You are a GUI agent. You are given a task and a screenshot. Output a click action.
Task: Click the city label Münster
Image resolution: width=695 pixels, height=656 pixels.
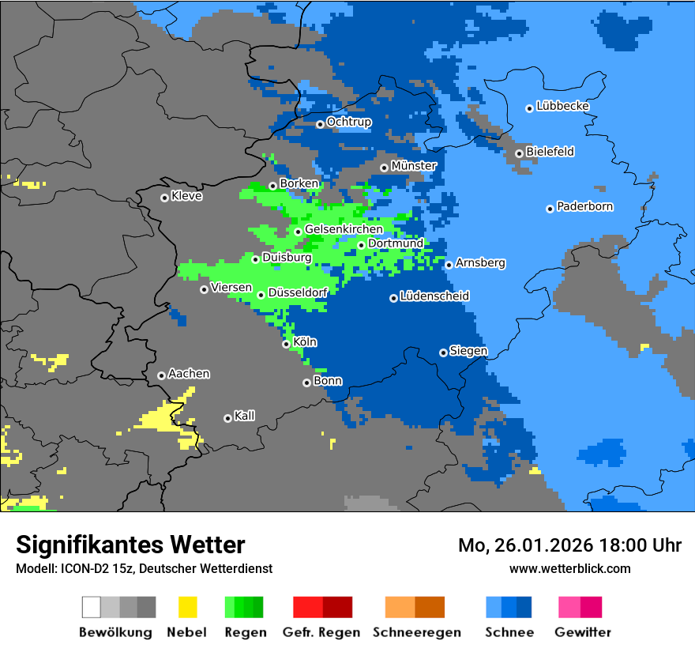point(413,166)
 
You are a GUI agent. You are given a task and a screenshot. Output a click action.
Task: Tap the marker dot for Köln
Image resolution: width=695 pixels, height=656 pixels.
point(287,344)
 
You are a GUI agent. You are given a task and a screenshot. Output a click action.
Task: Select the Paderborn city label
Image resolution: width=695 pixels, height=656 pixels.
point(584,207)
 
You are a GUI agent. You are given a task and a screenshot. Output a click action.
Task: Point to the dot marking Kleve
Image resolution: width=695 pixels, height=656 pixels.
point(164,198)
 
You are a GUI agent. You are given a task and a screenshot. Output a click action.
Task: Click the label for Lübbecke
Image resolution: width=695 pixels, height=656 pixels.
point(562,106)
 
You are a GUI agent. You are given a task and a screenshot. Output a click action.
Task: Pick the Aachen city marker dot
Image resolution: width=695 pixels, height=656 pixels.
point(161,375)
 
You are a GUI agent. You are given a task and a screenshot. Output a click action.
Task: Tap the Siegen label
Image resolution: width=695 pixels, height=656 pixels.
point(468,351)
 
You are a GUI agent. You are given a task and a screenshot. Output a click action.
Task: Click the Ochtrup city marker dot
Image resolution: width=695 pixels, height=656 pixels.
point(320,124)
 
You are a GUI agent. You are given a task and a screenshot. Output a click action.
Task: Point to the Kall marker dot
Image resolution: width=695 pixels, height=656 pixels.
point(227,418)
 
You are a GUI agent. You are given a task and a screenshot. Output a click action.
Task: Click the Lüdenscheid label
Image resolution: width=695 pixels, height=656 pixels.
point(434,296)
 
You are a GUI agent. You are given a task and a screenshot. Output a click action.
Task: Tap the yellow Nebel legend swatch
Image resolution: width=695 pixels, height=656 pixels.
point(187,607)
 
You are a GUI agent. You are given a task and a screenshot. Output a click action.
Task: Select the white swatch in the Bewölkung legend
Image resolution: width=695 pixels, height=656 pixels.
point(92,607)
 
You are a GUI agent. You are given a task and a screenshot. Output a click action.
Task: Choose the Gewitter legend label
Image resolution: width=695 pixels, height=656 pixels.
point(582,632)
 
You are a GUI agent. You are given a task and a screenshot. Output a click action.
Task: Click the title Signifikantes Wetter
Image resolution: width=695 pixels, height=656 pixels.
point(130,545)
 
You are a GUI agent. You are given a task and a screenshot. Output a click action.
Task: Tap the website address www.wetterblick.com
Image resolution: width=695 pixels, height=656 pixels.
point(569,569)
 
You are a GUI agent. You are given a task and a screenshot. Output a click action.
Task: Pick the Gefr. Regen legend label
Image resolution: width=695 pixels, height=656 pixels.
point(321,632)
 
